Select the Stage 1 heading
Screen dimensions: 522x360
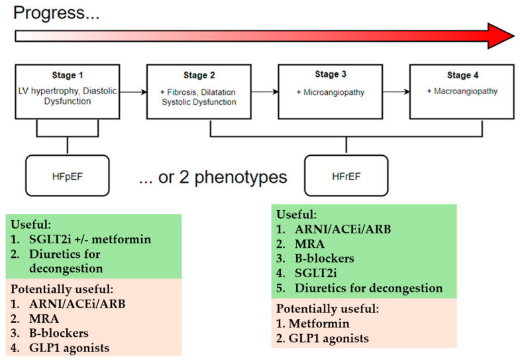click(68, 76)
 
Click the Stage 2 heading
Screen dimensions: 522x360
click(199, 76)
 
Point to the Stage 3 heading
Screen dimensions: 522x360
click(331, 74)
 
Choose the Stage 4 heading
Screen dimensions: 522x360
click(462, 76)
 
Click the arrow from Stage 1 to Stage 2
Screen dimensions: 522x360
click(133, 92)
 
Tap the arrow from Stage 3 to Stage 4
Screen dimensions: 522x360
click(396, 91)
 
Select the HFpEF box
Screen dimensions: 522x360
click(68, 176)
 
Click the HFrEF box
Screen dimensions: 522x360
click(346, 176)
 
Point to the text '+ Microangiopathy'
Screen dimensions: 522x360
click(331, 92)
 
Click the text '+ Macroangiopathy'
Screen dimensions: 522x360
click(462, 91)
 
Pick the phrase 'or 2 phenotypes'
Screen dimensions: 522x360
click(223, 177)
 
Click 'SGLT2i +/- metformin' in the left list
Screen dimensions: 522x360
click(90, 239)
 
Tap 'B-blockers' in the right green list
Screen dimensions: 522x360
click(325, 259)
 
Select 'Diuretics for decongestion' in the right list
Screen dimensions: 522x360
click(369, 288)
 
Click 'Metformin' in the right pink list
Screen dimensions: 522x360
click(319, 324)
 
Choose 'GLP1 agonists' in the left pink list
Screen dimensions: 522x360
click(70, 348)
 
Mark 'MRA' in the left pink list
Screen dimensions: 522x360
click(44, 319)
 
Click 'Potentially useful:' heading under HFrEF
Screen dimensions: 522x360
click(328, 309)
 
